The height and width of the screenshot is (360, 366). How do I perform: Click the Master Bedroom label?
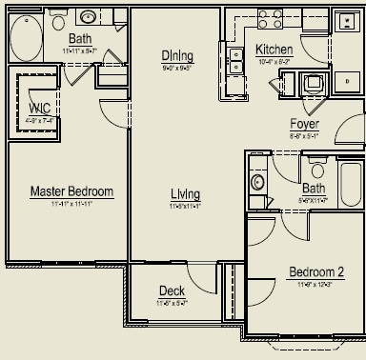(x=71, y=191)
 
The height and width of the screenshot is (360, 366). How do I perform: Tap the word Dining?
(x=177, y=55)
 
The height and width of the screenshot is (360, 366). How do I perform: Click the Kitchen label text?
(x=274, y=49)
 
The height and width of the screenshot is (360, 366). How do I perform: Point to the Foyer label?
(x=305, y=125)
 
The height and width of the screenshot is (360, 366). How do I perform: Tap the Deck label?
(x=173, y=291)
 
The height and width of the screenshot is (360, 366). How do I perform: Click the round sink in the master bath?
(x=87, y=16)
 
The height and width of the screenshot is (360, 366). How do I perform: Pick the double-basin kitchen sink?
(x=234, y=61)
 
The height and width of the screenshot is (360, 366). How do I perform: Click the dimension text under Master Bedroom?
(x=71, y=203)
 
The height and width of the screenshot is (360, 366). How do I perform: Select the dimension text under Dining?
(x=177, y=68)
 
